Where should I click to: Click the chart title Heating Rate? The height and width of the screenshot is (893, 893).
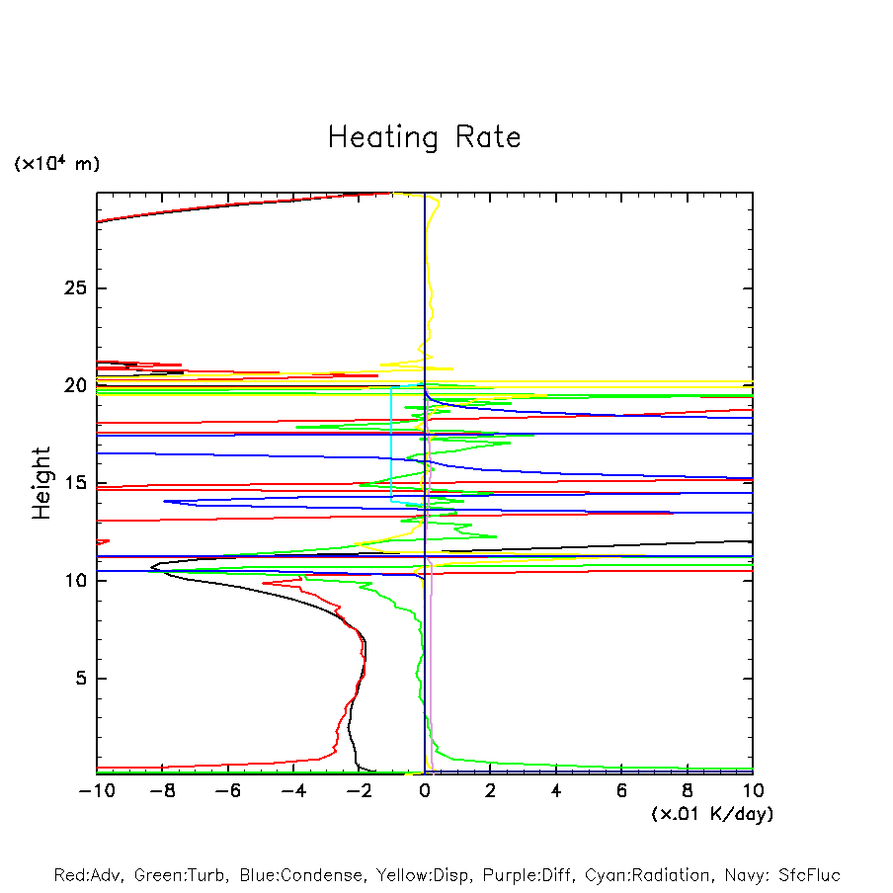click(x=424, y=137)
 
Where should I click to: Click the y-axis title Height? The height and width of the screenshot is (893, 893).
click(x=41, y=483)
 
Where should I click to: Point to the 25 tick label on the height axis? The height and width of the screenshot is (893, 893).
click(x=76, y=288)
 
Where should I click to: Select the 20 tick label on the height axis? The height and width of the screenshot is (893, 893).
click(x=76, y=385)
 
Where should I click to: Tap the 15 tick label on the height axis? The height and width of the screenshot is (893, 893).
click(x=76, y=483)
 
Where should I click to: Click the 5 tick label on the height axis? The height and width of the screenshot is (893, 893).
click(x=82, y=679)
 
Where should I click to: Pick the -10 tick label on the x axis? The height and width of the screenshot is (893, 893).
click(x=95, y=791)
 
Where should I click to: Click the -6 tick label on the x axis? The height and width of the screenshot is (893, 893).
click(x=227, y=791)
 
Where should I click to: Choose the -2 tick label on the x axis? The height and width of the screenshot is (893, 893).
click(x=359, y=791)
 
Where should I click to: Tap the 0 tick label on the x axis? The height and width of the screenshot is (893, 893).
click(x=425, y=791)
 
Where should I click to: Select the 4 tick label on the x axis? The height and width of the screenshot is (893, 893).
click(x=556, y=791)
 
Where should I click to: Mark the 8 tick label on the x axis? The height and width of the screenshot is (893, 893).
click(x=688, y=791)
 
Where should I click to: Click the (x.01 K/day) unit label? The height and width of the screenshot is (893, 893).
click(x=711, y=814)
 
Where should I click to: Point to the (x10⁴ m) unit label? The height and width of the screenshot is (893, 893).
click(x=56, y=164)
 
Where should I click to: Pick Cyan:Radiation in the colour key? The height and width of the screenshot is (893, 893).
click(x=648, y=875)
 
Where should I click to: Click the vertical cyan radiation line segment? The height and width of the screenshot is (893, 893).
click(x=391, y=445)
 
